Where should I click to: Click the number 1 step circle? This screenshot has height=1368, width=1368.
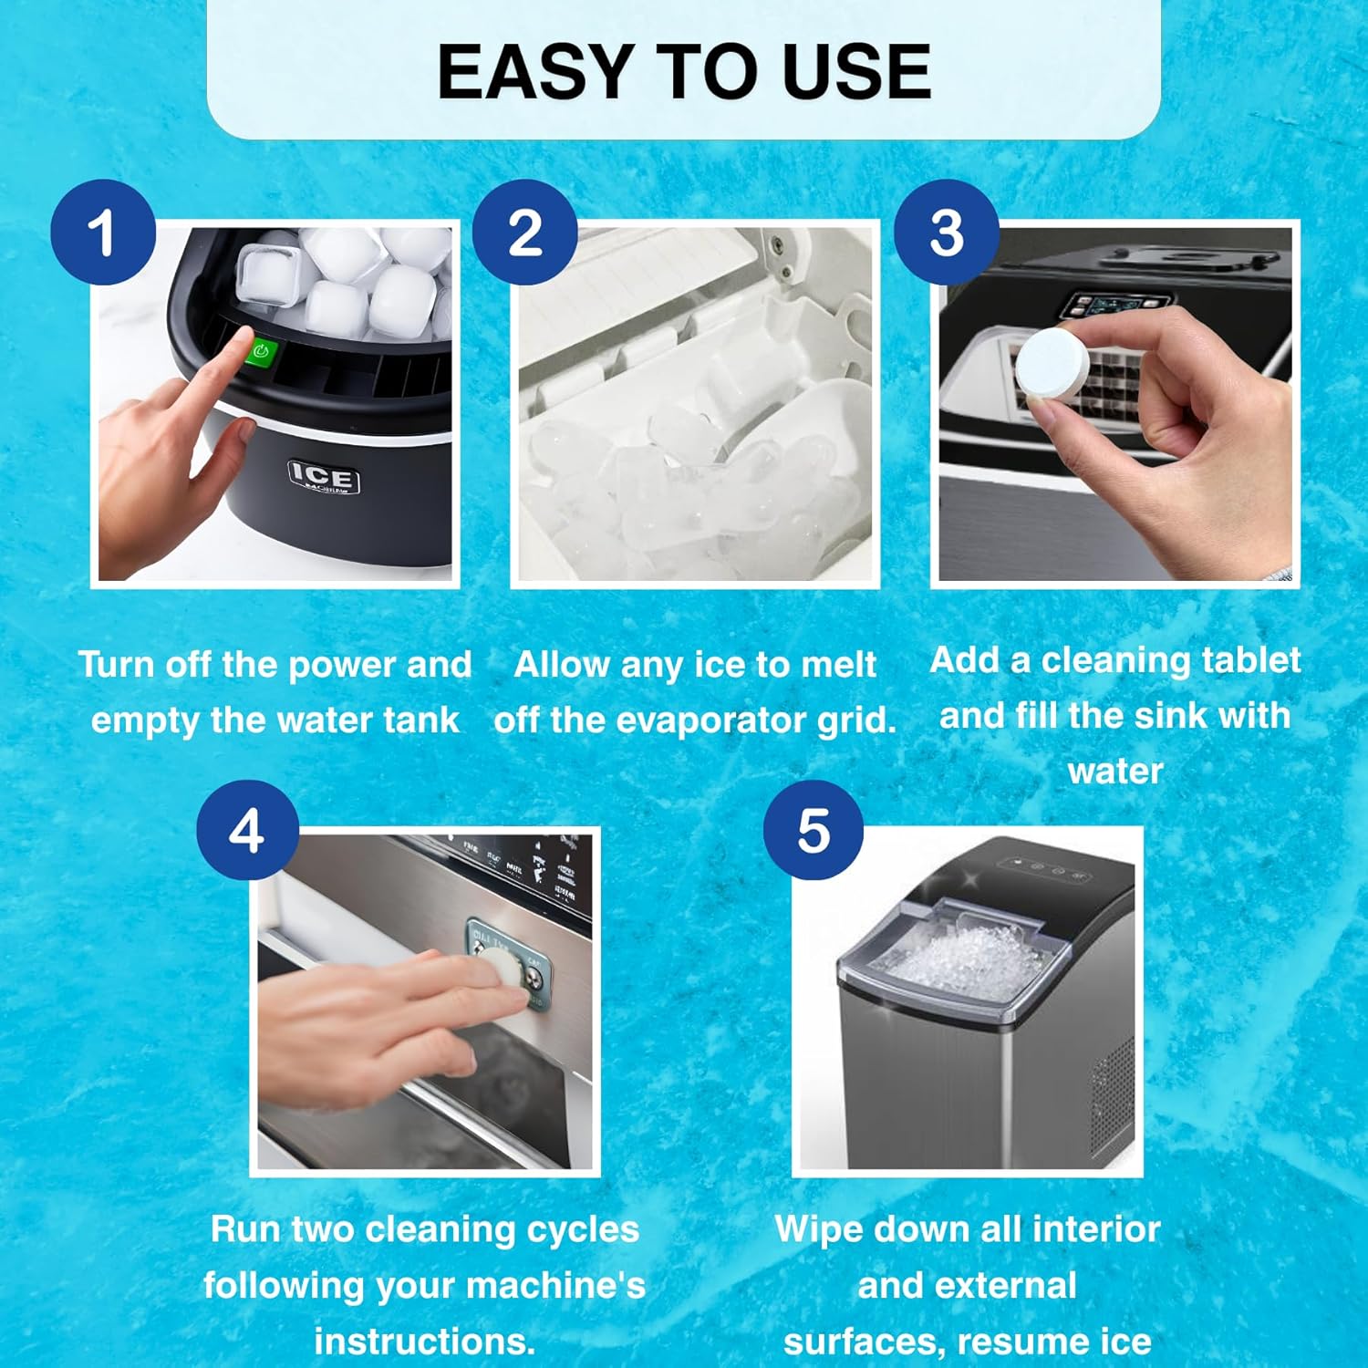pos(103,233)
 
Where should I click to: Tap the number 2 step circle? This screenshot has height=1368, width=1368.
pos(524,233)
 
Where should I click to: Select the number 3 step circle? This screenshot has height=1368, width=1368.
pos(946,233)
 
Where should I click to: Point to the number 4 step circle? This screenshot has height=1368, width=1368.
pos(247,831)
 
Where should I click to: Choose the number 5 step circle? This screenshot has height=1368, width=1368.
pos(814,831)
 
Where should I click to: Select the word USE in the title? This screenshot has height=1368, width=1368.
pos(856,73)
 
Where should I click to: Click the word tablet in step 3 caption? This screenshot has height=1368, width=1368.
pos(1250,659)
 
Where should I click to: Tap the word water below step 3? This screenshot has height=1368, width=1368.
pos(1114,772)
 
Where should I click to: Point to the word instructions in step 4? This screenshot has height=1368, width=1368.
pos(424,1342)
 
